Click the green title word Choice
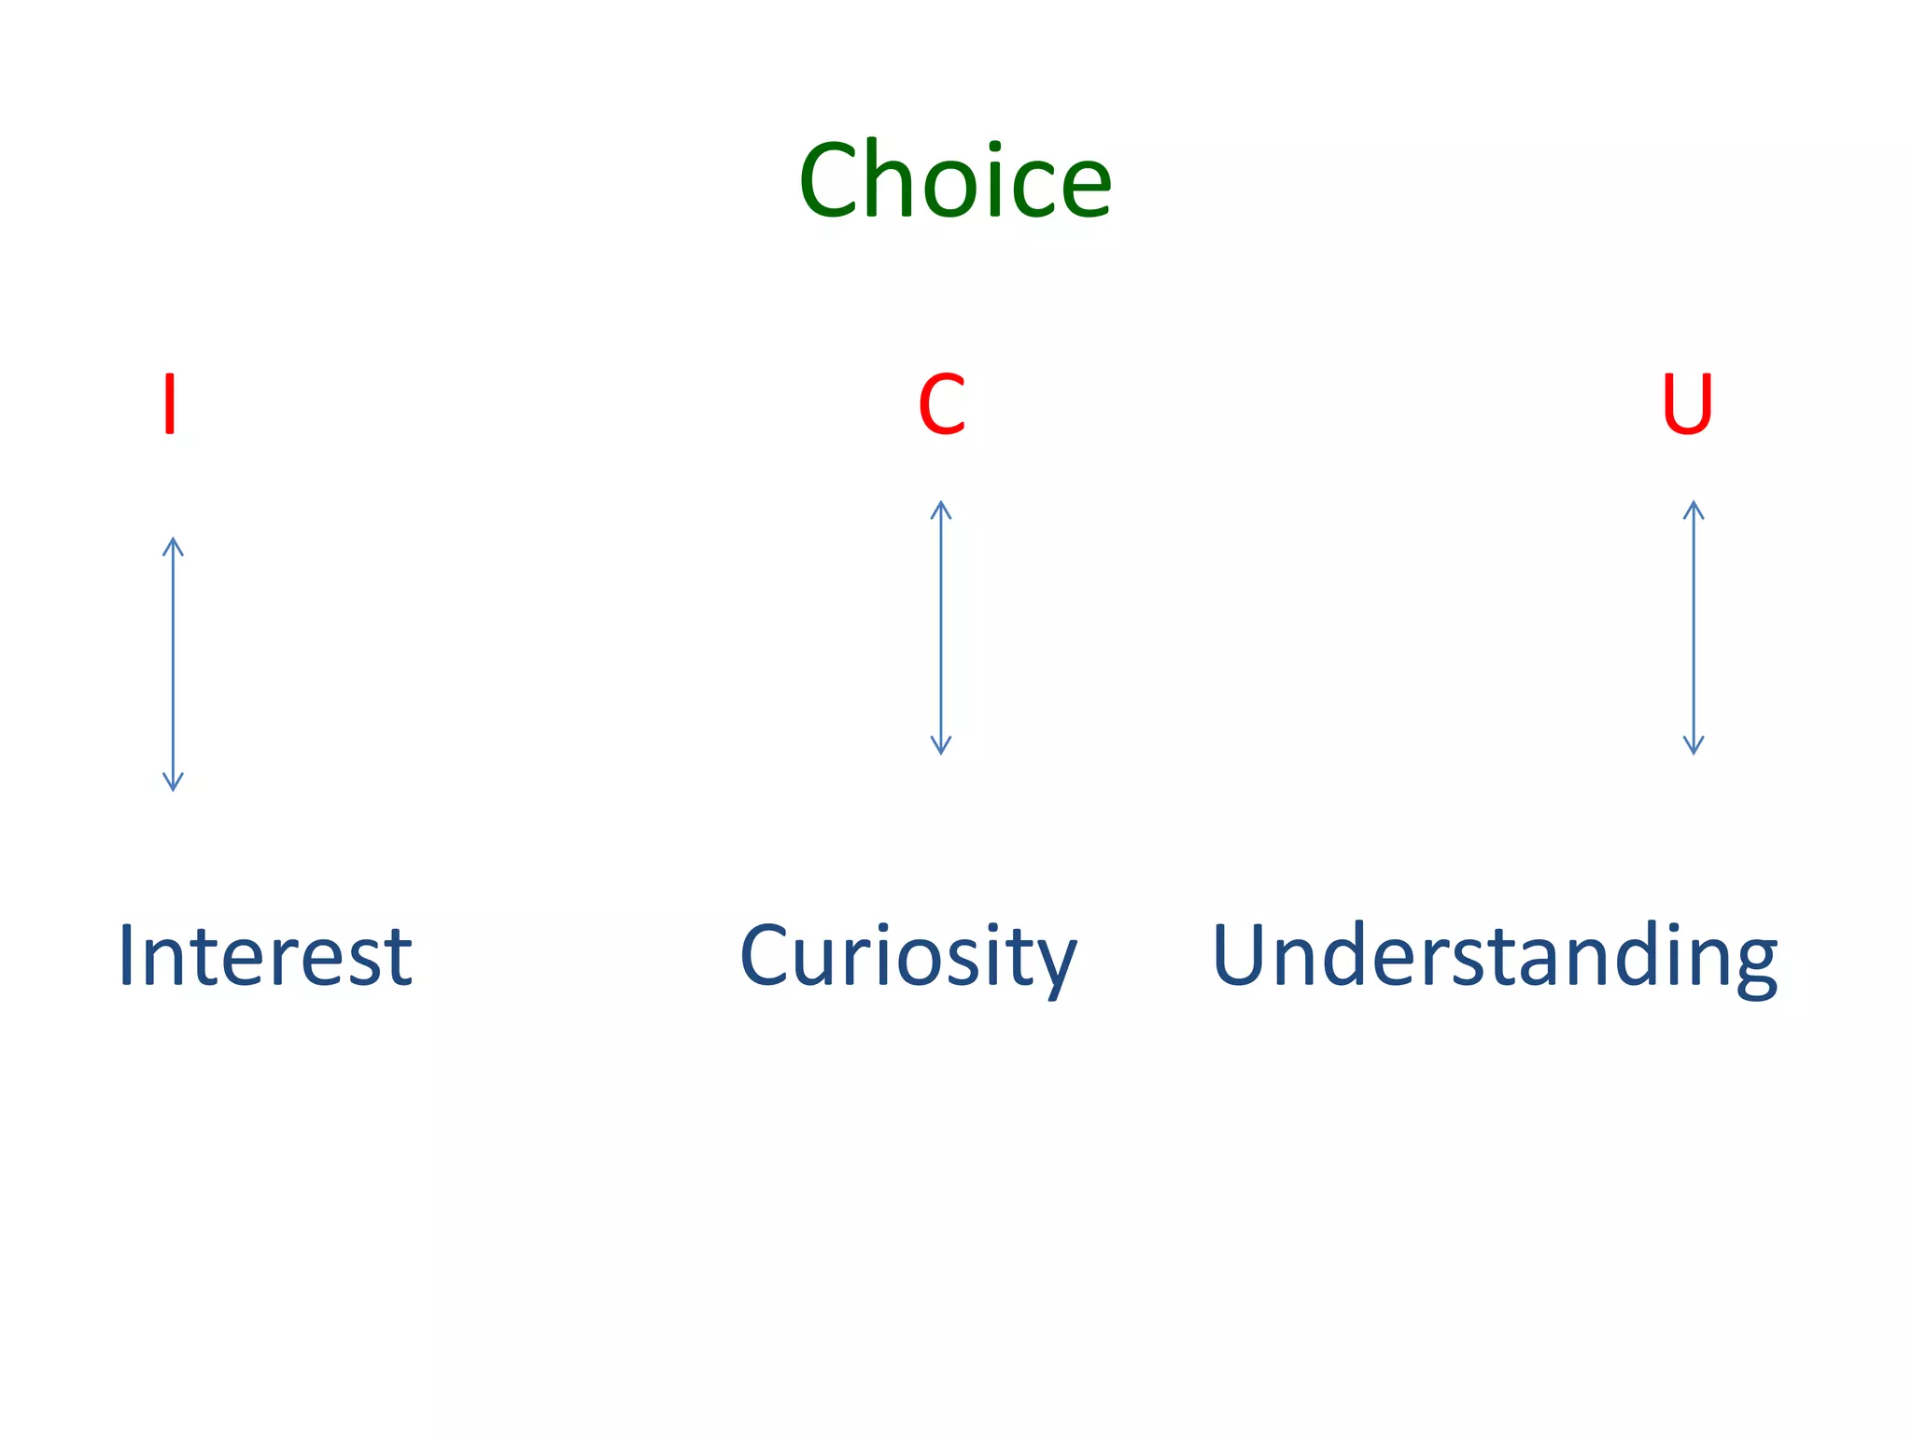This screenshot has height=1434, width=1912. (954, 179)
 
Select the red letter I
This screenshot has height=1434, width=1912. (169, 403)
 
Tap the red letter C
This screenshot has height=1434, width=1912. (941, 404)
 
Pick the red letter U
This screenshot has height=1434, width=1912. (1687, 404)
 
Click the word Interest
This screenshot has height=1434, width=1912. (265, 955)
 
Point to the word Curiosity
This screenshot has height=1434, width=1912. (907, 955)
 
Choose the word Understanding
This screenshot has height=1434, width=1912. (1494, 955)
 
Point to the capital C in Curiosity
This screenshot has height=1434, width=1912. (766, 954)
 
